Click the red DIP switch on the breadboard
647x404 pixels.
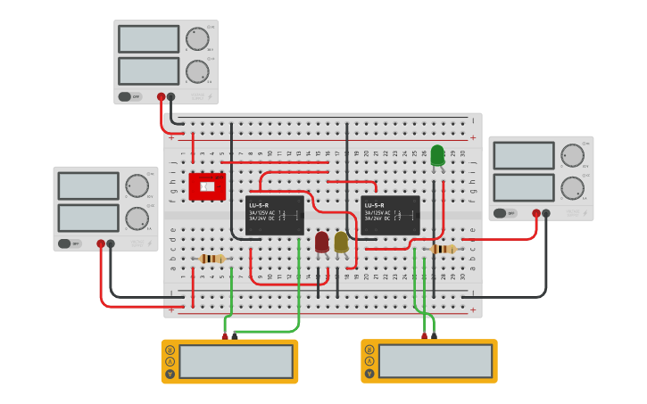(207, 186)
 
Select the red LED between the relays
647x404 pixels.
(322, 242)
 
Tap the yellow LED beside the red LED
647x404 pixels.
(341, 242)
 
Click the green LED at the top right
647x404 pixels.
(437, 156)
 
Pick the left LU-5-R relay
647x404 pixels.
(275, 216)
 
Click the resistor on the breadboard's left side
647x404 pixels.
(212, 259)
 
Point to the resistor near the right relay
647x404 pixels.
(443, 249)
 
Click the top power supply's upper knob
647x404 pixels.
(197, 38)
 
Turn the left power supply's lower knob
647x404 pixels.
(137, 218)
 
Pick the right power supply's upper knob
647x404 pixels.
(572, 155)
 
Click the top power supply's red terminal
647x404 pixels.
(162, 96)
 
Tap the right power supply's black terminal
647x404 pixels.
(546, 213)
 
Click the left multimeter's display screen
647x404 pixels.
(236, 361)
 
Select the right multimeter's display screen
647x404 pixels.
(435, 361)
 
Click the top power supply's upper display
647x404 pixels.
(148, 38)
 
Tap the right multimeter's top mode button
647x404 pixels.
(369, 350)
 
